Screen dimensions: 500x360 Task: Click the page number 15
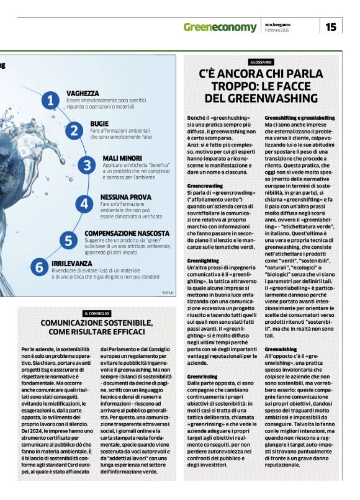(x=331, y=27)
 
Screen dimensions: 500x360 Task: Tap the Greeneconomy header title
(x=220, y=27)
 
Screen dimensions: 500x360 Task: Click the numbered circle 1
(x=49, y=100)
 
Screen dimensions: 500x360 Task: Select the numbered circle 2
(x=74, y=130)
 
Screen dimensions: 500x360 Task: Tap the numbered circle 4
(x=83, y=202)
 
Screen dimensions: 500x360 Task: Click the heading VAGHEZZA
(x=83, y=93)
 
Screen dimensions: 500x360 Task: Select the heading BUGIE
(x=99, y=123)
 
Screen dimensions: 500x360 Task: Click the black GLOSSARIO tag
(x=261, y=62)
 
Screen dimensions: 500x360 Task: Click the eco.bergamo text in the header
(x=279, y=24)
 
